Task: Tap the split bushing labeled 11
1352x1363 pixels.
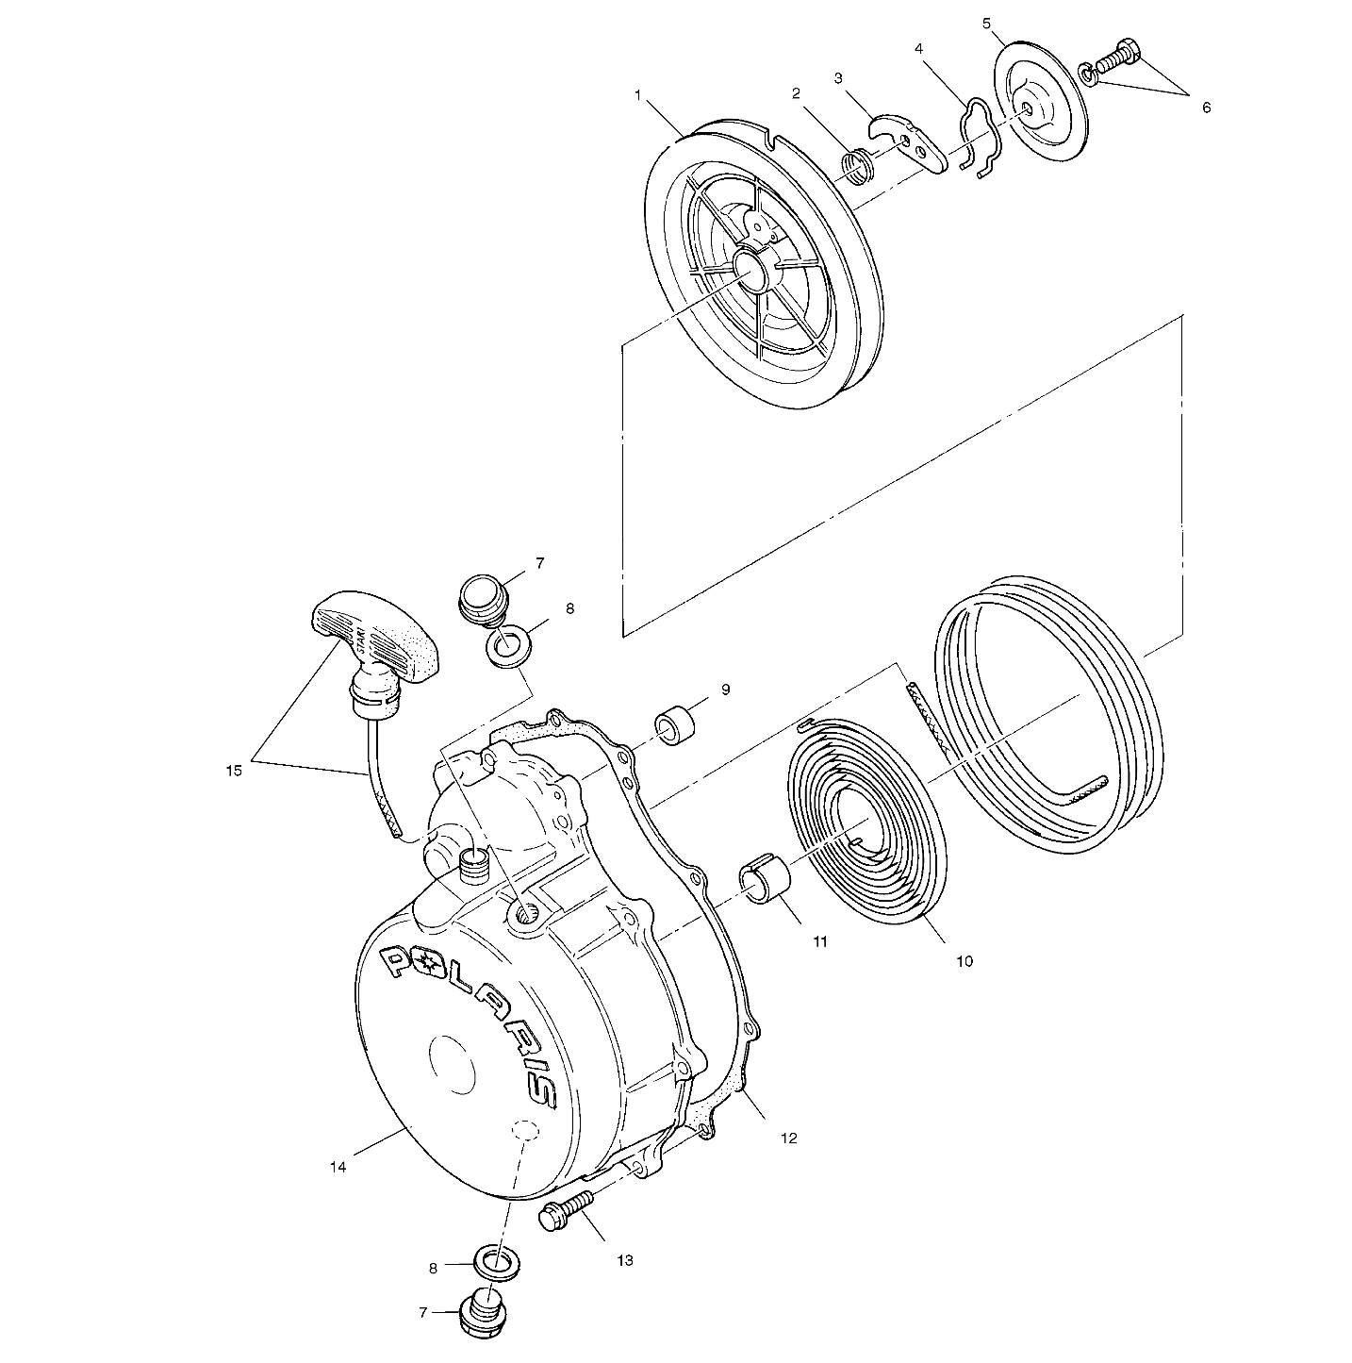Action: (x=760, y=881)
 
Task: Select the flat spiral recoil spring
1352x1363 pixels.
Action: (x=867, y=821)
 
